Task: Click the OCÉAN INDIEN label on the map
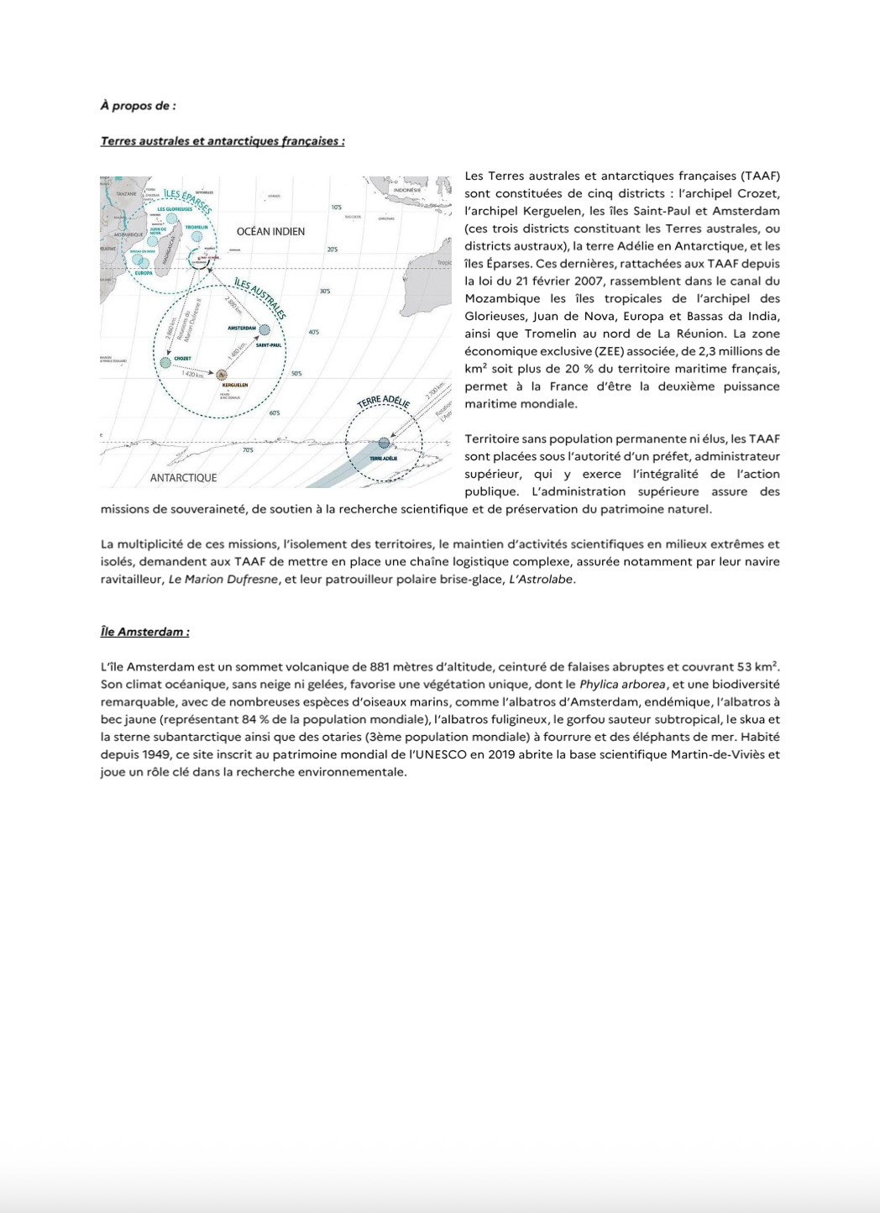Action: (x=270, y=231)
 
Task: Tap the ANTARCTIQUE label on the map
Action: (x=183, y=477)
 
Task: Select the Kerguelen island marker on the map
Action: (x=222, y=375)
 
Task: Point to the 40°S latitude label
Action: (x=313, y=333)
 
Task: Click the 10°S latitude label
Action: (x=336, y=207)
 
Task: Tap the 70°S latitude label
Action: (x=248, y=450)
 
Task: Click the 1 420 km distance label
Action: (x=193, y=375)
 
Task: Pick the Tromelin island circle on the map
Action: (x=196, y=237)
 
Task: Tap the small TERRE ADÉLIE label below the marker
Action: (x=384, y=458)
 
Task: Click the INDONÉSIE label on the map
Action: (x=406, y=190)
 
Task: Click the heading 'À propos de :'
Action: (x=138, y=106)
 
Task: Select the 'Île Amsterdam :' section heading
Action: (x=144, y=632)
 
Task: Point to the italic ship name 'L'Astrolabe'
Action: (x=542, y=580)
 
